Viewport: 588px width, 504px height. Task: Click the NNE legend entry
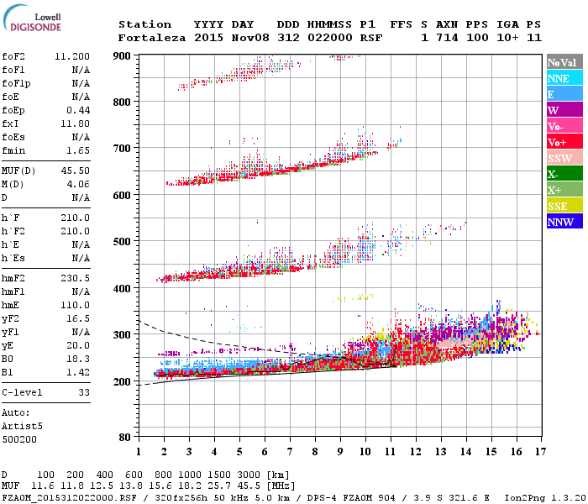pos(559,78)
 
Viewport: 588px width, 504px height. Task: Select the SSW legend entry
pos(559,158)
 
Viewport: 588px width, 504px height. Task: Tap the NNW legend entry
pos(560,222)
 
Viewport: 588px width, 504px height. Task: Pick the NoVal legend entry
pos(560,62)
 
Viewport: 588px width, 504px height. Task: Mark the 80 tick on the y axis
pos(125,437)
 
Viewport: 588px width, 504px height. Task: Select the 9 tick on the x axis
pos(340,451)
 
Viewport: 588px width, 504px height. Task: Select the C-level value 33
pos(84,392)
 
